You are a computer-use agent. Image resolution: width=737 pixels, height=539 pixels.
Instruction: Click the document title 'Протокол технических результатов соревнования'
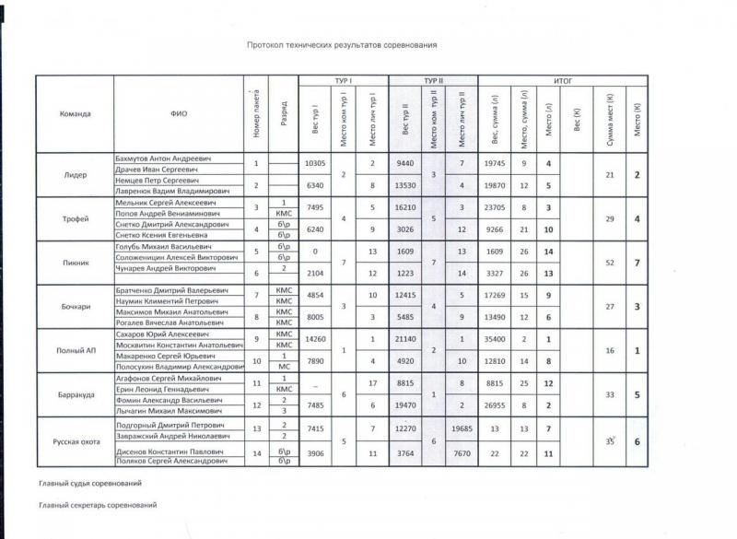pyautogui.click(x=341, y=44)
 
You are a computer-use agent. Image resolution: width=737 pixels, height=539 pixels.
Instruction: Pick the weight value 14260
pyautogui.click(x=315, y=339)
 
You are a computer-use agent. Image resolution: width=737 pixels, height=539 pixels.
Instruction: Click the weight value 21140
pyautogui.click(x=406, y=339)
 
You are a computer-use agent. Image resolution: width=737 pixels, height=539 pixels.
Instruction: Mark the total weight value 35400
pyautogui.click(x=495, y=339)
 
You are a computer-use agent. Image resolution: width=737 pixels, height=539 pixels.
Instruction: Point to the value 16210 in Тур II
pyautogui.click(x=406, y=207)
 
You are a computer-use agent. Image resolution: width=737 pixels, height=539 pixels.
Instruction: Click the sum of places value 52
pyautogui.click(x=609, y=263)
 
